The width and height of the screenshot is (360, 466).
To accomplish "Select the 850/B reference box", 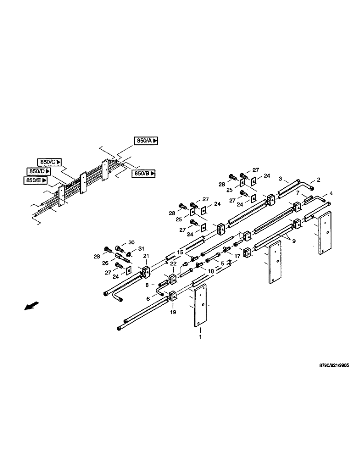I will click(x=144, y=173).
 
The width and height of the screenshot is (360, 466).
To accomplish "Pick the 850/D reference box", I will click(x=38, y=171).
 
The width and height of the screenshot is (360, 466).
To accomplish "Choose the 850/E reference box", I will click(x=35, y=180).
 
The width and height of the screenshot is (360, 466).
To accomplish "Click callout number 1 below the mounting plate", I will click(x=201, y=336).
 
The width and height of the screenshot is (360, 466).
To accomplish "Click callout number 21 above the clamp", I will click(x=146, y=257).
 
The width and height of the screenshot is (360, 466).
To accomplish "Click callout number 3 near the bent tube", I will click(x=280, y=178).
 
